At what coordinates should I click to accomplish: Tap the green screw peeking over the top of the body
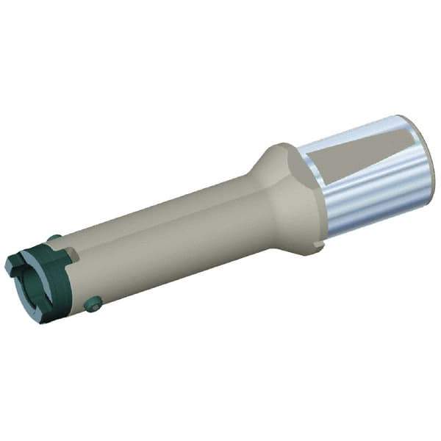[54, 237]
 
